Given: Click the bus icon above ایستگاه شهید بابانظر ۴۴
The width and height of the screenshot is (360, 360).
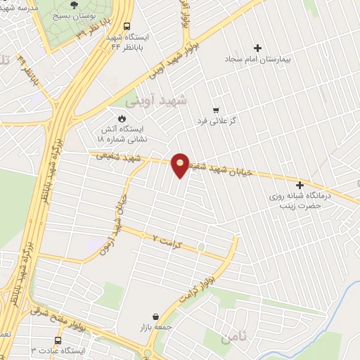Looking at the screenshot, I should [x=127, y=27].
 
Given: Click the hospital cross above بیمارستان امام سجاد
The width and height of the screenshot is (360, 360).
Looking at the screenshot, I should [x=258, y=49].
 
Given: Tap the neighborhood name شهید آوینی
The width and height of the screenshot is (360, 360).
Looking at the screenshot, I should [x=184, y=101].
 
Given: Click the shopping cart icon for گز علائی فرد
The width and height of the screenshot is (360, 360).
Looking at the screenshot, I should [x=216, y=110].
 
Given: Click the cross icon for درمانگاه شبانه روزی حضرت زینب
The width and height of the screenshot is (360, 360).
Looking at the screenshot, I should [x=300, y=184].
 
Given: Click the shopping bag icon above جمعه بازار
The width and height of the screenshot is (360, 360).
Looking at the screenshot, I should [x=155, y=316].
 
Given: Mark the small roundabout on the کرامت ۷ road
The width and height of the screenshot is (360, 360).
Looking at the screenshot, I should [x=201, y=247].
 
